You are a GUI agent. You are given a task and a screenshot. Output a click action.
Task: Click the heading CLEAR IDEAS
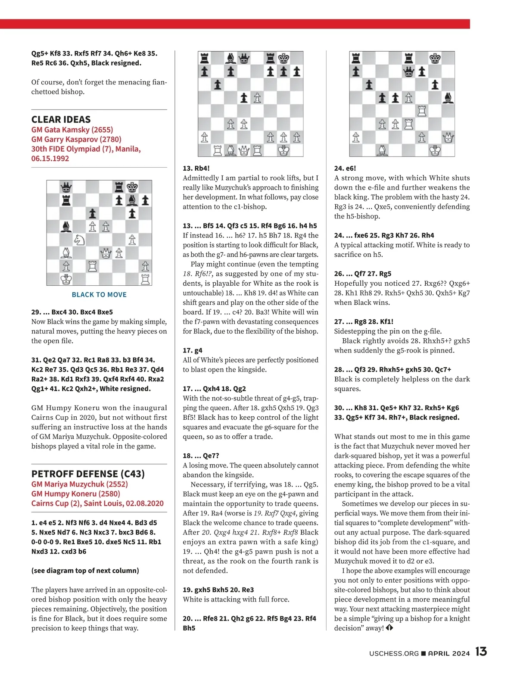click(x=61, y=119)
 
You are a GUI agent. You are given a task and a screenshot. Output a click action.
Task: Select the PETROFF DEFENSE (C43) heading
click(x=88, y=474)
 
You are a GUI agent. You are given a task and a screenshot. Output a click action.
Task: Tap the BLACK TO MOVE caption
click(x=99, y=295)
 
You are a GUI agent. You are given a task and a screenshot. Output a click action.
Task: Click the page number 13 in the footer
click(x=481, y=652)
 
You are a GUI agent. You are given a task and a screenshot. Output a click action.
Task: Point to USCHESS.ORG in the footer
click(x=394, y=653)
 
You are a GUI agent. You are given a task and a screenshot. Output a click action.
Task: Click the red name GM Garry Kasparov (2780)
click(x=76, y=139)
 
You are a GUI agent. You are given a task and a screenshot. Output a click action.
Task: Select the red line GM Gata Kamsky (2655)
click(x=72, y=130)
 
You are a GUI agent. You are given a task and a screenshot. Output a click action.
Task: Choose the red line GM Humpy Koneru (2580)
click(x=75, y=493)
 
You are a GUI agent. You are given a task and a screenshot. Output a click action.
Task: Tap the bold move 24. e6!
click(x=345, y=168)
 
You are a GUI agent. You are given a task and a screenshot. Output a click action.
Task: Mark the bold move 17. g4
click(x=192, y=350)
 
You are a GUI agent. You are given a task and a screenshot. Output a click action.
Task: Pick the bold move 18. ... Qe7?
click(x=202, y=456)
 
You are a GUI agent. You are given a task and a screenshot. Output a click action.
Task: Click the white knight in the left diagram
click(x=79, y=240)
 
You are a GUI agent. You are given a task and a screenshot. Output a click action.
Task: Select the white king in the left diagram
click(x=66, y=279)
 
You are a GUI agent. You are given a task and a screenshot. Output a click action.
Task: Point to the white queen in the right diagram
click(x=448, y=137)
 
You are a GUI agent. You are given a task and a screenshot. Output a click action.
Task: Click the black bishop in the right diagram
click(x=448, y=98)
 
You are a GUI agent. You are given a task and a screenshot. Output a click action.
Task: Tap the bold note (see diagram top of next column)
click(x=85, y=571)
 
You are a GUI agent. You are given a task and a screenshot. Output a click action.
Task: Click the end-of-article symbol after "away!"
click(x=389, y=628)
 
